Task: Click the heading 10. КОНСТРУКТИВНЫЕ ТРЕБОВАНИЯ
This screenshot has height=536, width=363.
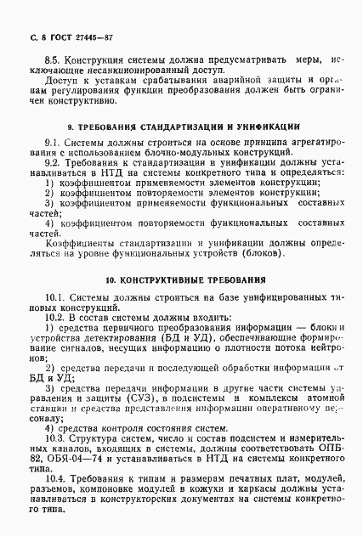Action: [x=181, y=279]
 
